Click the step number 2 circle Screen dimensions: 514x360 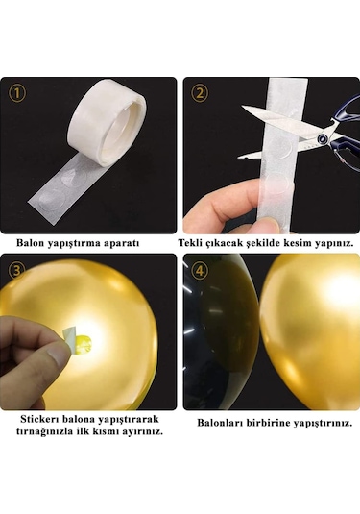200,93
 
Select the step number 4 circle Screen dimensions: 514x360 201,270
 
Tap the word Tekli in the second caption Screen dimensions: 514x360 206,243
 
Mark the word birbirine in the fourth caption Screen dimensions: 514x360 269,422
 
